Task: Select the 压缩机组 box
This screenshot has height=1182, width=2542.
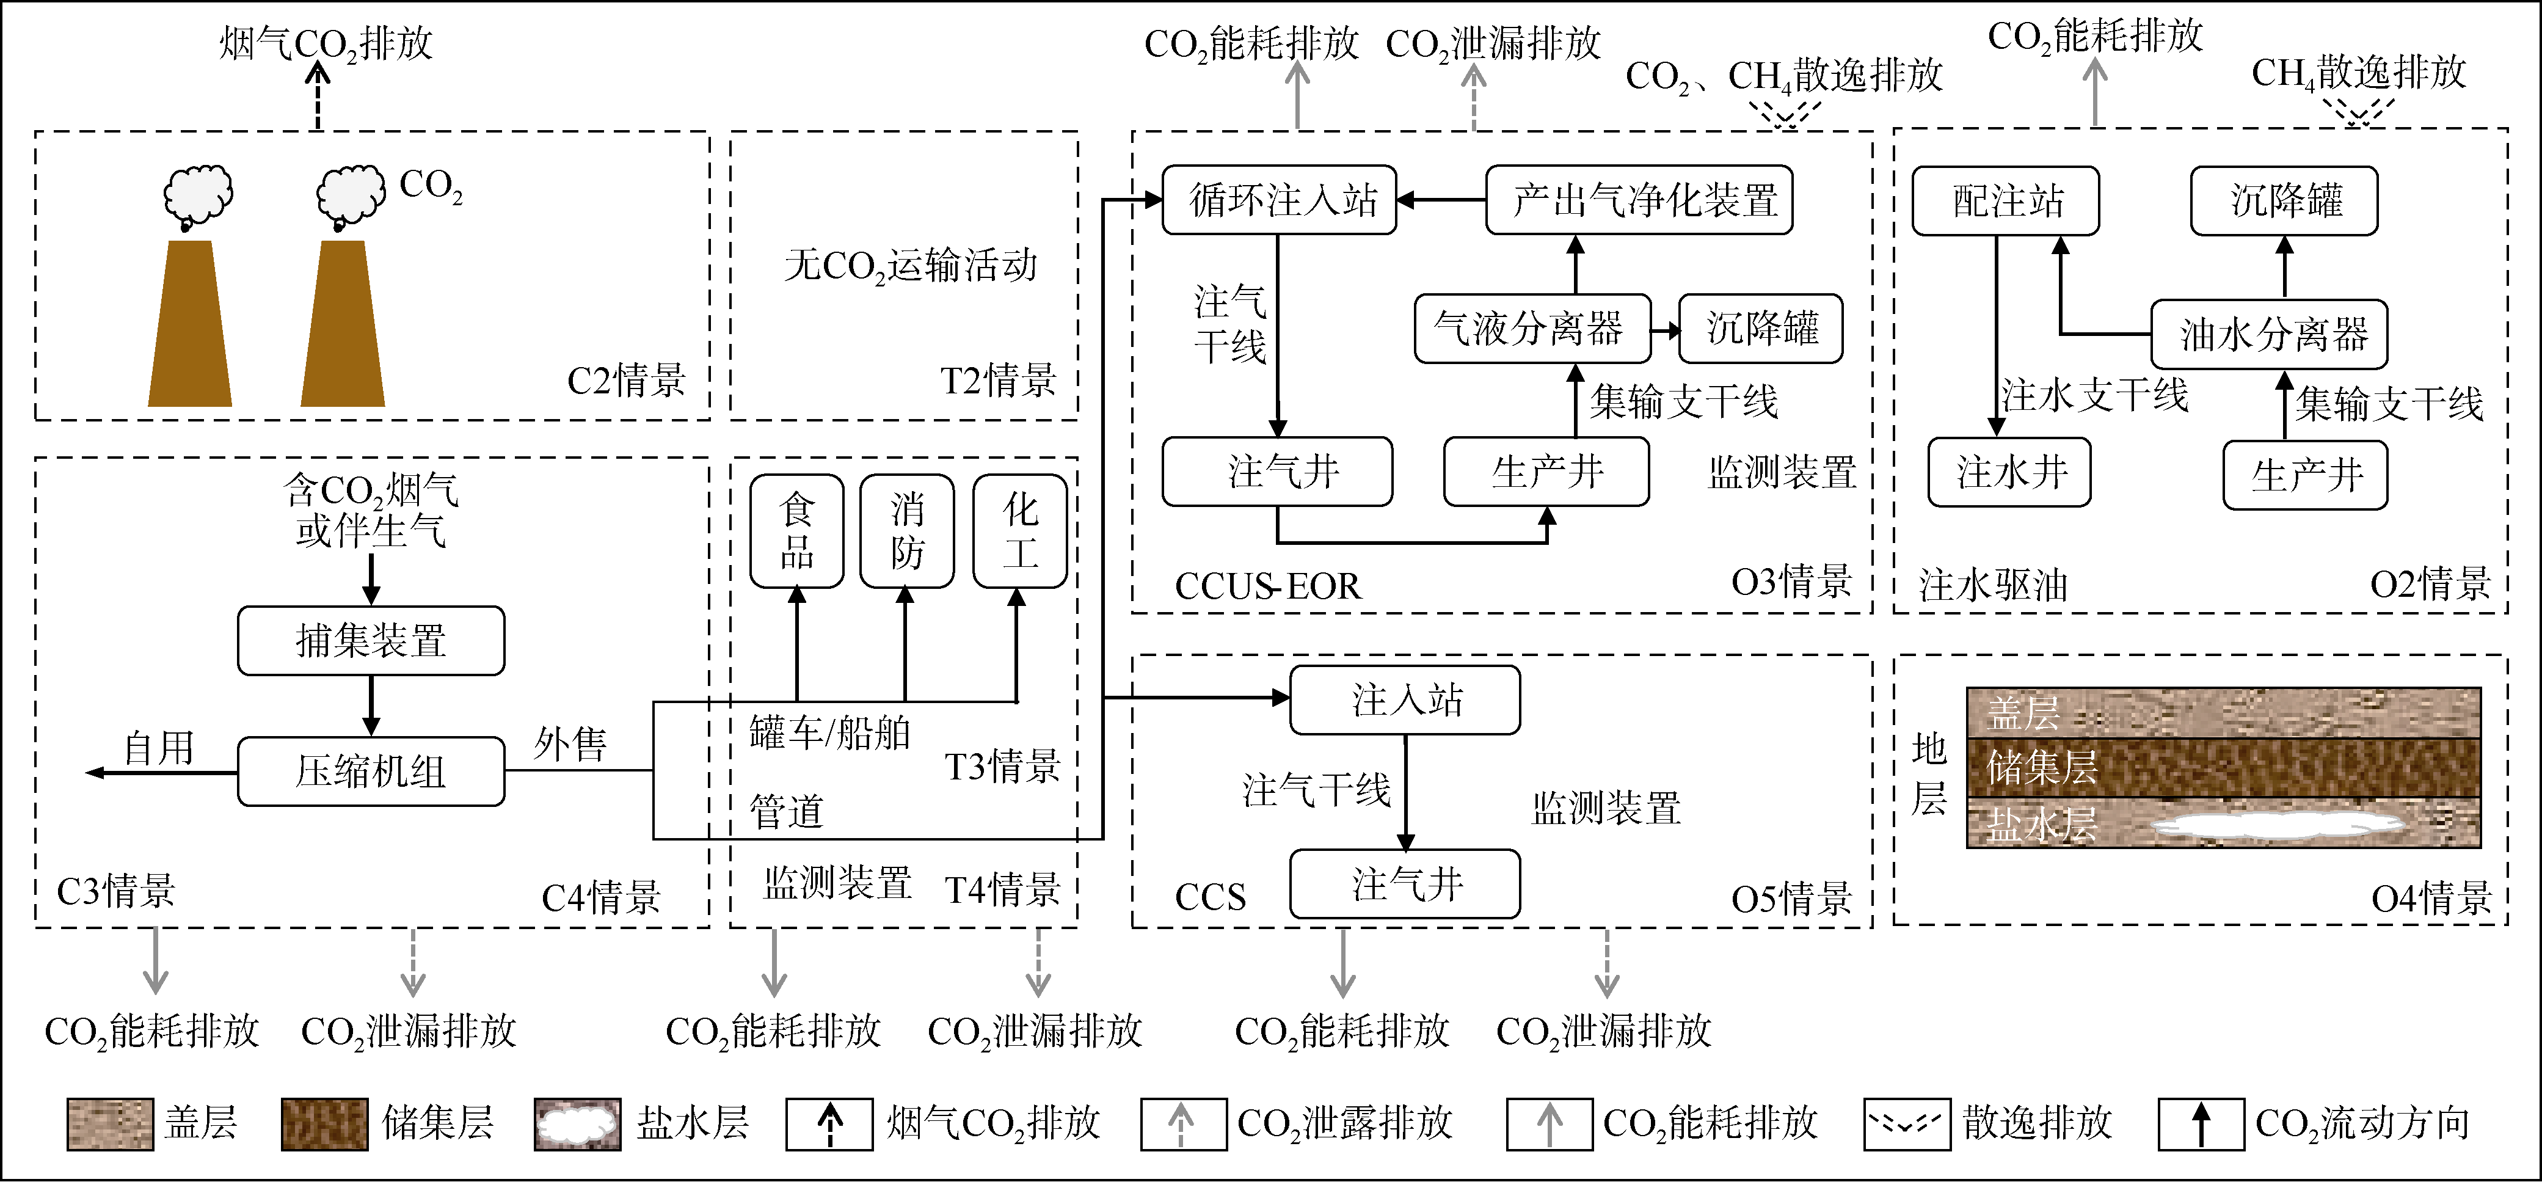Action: click(371, 772)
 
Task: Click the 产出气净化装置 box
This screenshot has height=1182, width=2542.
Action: click(1639, 200)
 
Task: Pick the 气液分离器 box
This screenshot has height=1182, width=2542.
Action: click(1532, 329)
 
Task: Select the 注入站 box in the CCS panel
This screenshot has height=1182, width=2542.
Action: click(1405, 699)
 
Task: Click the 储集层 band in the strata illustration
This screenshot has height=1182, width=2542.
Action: click(2223, 768)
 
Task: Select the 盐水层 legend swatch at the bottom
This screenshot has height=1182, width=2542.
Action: click(577, 1124)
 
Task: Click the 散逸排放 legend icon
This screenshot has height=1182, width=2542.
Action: click(1907, 1124)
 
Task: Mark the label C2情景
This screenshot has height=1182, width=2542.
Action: click(625, 381)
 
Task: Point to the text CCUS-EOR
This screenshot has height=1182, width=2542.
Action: click(1267, 586)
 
